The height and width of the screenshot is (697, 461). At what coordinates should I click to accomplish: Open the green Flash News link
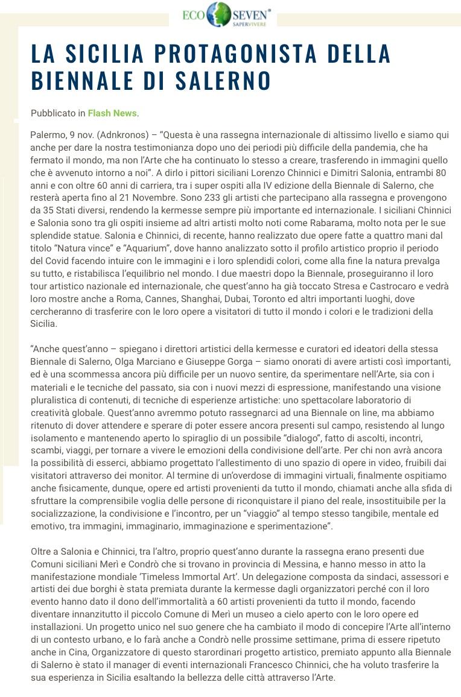click(x=112, y=113)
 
